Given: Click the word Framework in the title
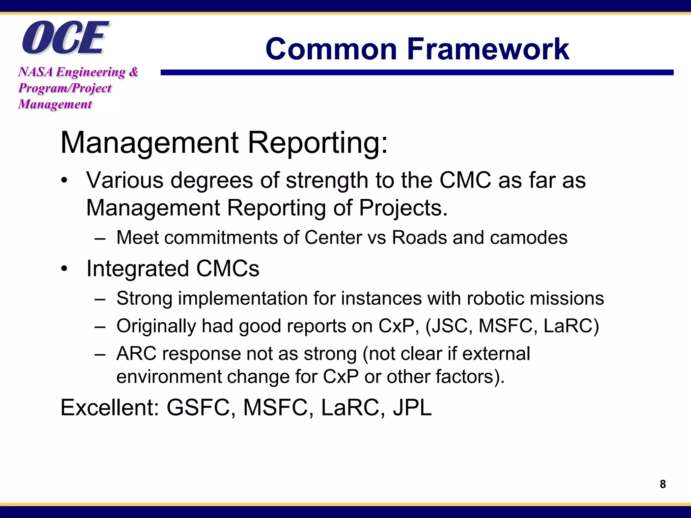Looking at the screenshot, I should tap(488, 49).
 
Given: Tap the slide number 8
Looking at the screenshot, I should tap(663, 484).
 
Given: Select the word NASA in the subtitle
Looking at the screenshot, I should tap(35, 72).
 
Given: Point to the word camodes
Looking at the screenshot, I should tap(528, 237).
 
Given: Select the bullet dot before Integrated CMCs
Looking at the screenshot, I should tap(64, 269).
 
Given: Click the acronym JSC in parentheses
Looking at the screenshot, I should tap(450, 326).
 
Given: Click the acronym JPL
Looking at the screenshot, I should tap(412, 408).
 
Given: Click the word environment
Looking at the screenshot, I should tap(169, 377).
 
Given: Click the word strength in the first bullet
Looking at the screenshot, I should tap(327, 180).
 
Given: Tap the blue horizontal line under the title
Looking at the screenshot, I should tap(417, 73).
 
